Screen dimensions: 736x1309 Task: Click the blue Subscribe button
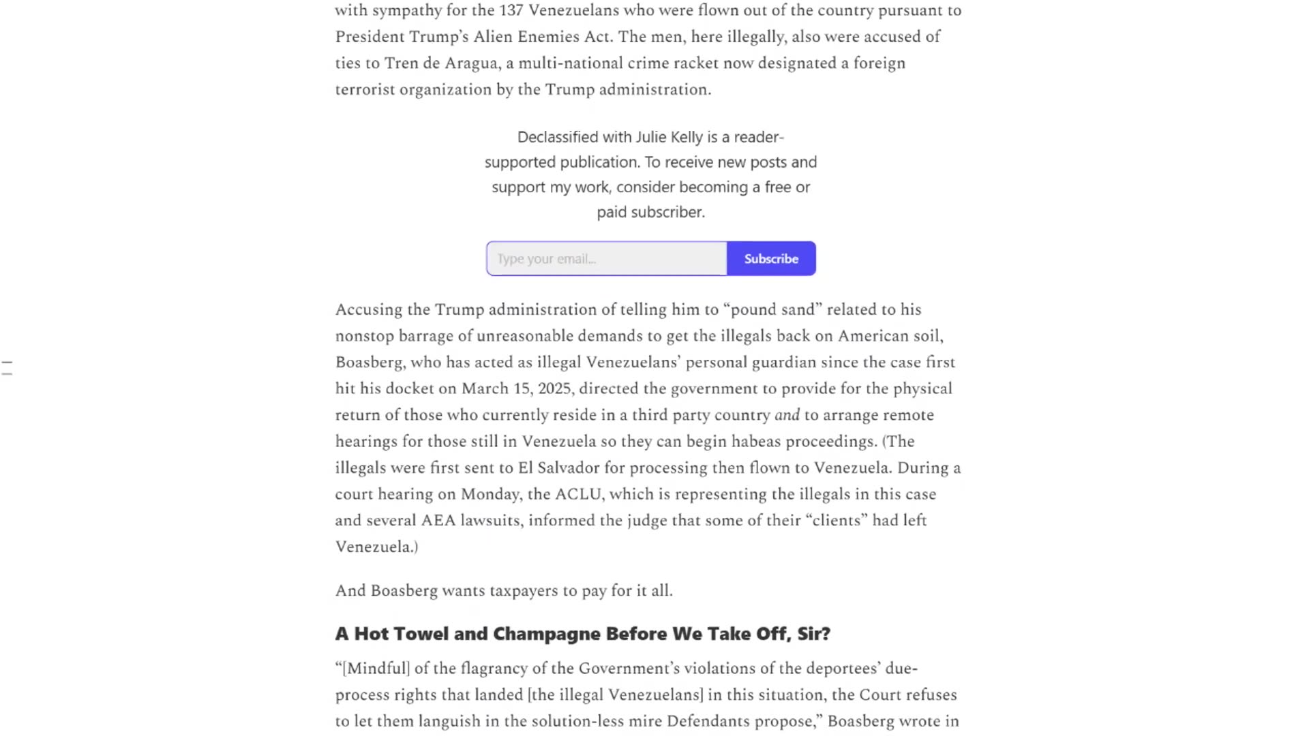pos(771,259)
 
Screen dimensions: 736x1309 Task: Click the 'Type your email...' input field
pos(606,259)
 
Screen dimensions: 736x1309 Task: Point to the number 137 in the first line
pos(511,11)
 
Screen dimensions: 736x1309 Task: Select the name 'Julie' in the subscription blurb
pos(651,137)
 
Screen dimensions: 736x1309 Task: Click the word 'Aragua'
pos(471,63)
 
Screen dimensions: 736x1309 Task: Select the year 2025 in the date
pos(554,389)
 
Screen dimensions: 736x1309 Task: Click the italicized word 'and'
pos(787,416)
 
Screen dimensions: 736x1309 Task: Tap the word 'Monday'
pos(487,495)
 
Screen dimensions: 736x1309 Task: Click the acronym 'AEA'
pos(438,521)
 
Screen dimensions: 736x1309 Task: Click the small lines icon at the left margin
pos(7,368)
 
